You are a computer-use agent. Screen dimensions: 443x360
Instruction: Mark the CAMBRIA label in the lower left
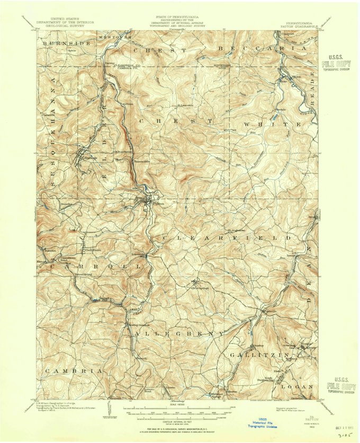(x=74, y=371)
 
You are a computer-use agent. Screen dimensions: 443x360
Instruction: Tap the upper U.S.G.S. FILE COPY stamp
(x=336, y=63)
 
